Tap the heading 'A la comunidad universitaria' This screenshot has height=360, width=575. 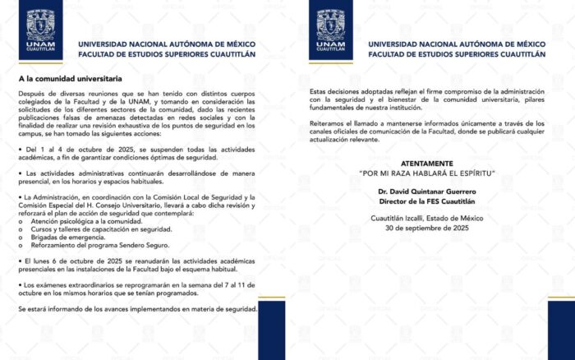point(71,79)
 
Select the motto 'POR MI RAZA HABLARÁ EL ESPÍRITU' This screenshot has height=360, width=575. point(432,174)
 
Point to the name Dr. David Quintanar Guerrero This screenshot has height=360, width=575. point(432,191)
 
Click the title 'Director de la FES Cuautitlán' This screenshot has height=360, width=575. point(432,200)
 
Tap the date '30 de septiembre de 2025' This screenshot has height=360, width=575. point(432,227)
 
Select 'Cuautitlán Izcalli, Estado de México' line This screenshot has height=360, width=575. point(432,218)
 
